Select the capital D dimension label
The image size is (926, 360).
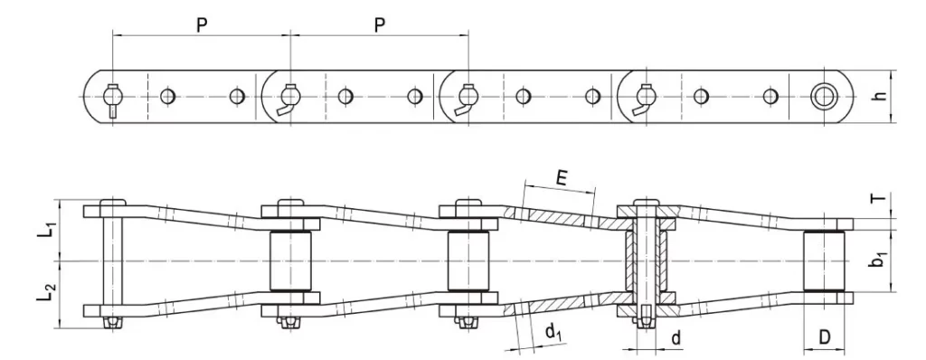pyautogui.click(x=824, y=336)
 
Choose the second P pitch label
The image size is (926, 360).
pyautogui.click(x=380, y=25)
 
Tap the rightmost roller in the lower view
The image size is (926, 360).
pyautogui.click(x=824, y=261)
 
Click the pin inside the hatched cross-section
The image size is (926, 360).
pyautogui.click(x=645, y=261)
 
